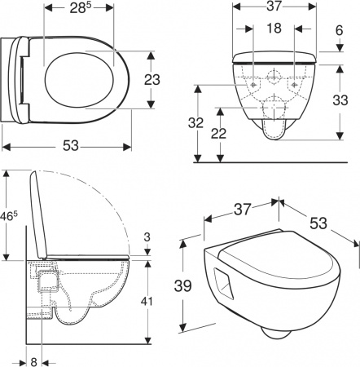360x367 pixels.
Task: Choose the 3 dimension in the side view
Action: click(146, 238)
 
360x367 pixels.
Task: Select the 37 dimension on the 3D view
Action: click(241, 209)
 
